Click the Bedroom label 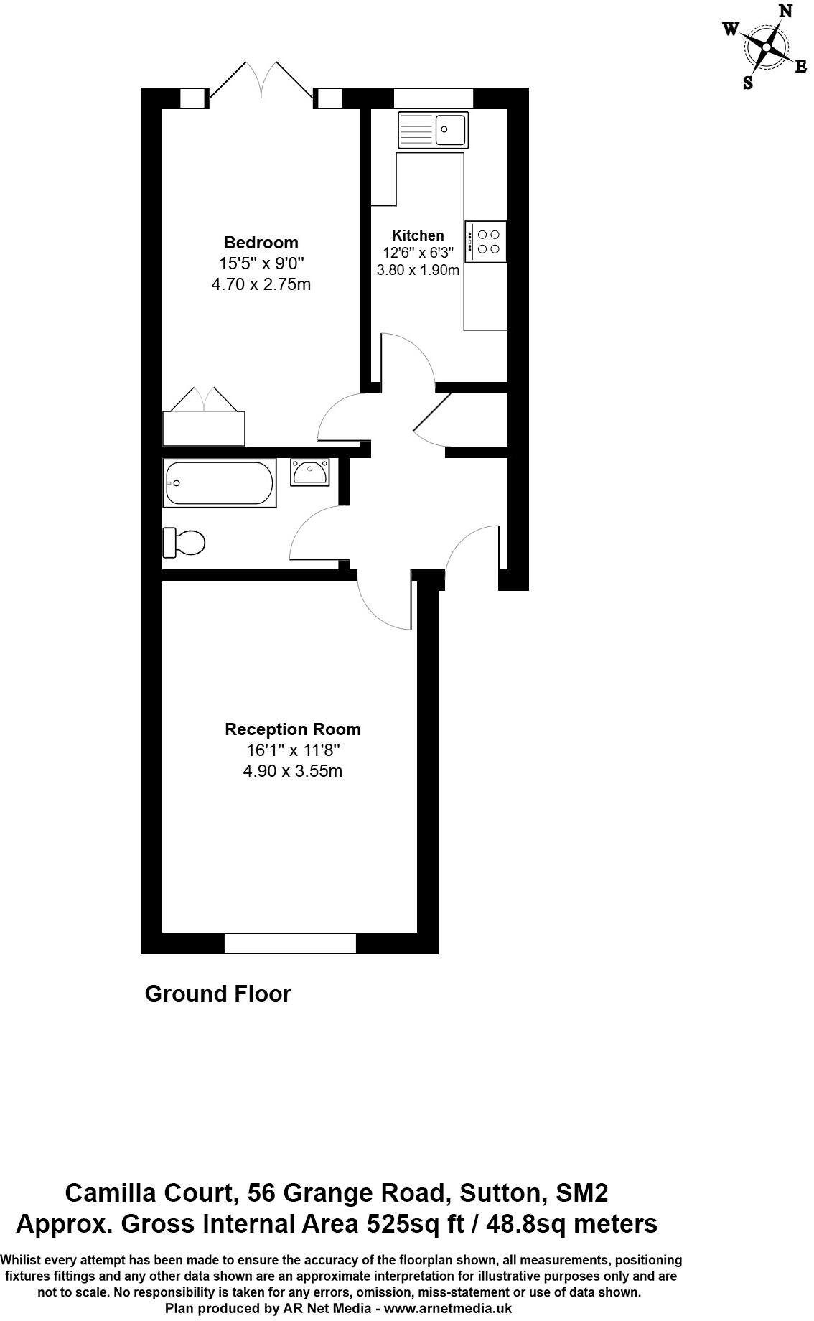click(x=261, y=243)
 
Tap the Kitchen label click(x=418, y=235)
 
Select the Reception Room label click(x=293, y=729)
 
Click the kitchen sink click(x=433, y=129)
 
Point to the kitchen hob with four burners click(x=486, y=241)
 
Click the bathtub click(x=219, y=483)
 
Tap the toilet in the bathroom click(x=185, y=542)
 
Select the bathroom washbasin click(x=310, y=472)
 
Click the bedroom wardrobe click(x=204, y=428)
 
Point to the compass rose click(x=766, y=48)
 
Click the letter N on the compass click(x=786, y=11)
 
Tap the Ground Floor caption click(x=217, y=994)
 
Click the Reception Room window click(x=290, y=943)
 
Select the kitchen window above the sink click(x=434, y=98)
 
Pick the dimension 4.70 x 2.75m click(x=261, y=284)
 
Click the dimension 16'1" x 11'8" click(x=293, y=751)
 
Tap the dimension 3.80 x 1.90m click(x=418, y=271)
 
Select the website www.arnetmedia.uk click(x=448, y=1308)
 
